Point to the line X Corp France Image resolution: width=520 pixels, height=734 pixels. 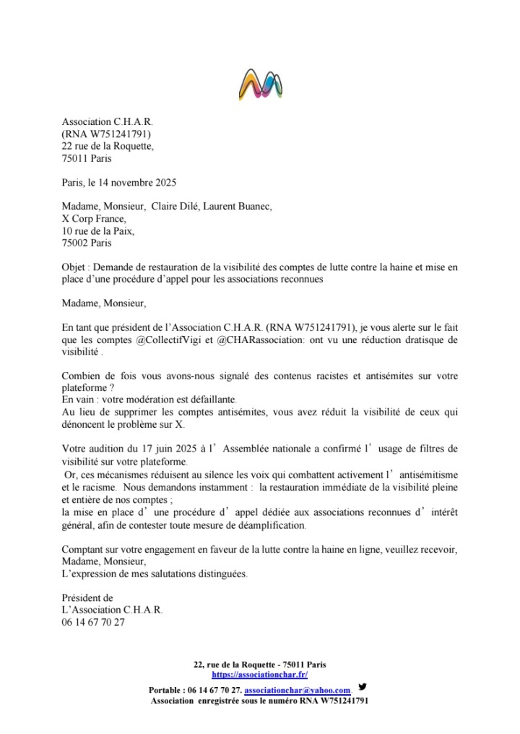(x=94, y=219)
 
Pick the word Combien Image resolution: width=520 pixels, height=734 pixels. (x=82, y=376)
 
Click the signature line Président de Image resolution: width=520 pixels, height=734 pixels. (x=87, y=598)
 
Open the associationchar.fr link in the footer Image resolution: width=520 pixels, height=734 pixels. (x=260, y=674)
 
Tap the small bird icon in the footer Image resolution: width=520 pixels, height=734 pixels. (x=363, y=687)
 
